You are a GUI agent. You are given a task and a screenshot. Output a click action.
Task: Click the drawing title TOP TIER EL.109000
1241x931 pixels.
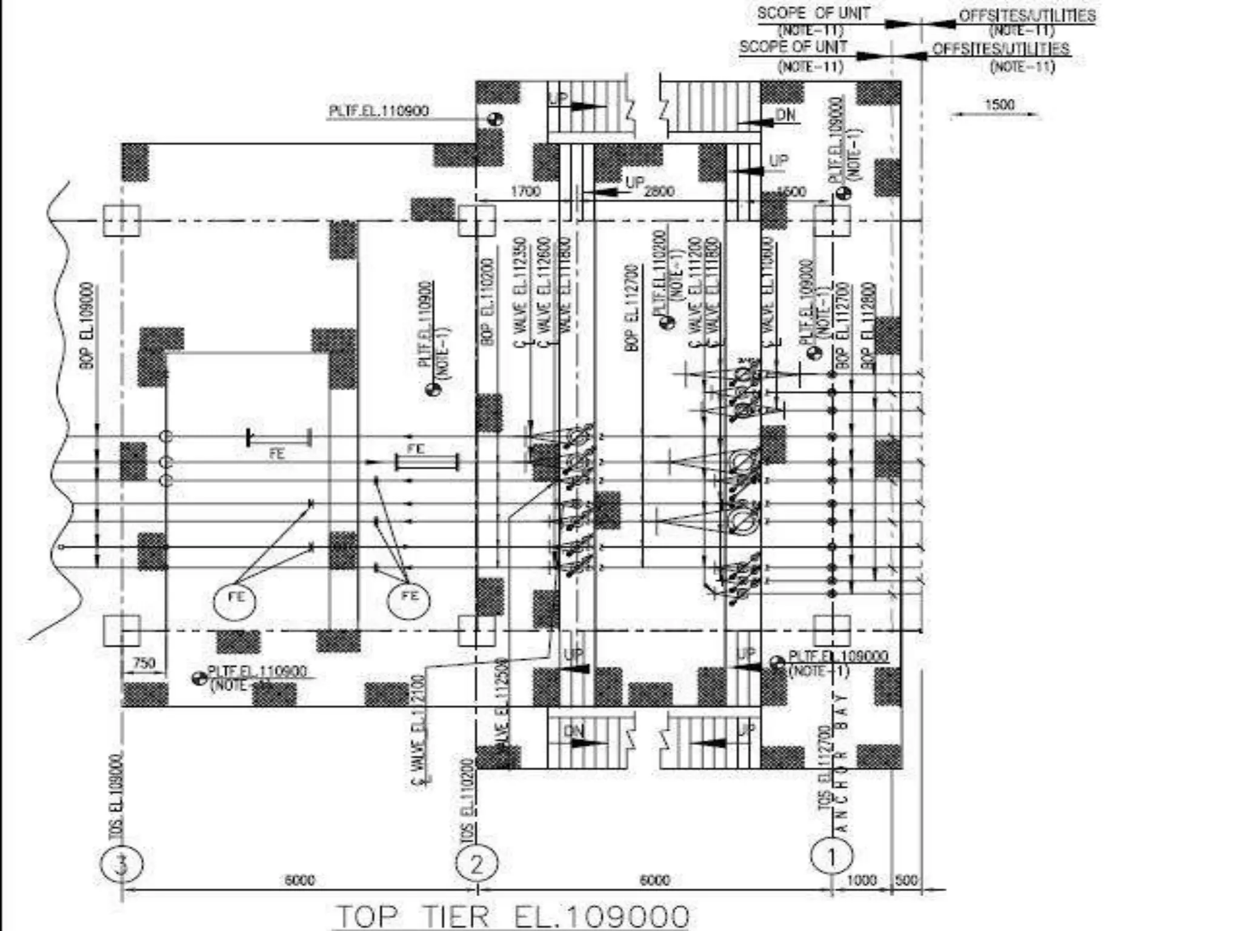coord(513,916)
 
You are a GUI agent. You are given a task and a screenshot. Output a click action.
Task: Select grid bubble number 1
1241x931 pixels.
coord(831,856)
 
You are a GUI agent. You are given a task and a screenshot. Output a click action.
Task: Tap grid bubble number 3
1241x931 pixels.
coord(122,864)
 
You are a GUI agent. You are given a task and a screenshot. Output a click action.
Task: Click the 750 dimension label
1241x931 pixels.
coord(144,663)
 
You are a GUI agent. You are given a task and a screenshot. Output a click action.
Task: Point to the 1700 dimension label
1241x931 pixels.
coord(525,192)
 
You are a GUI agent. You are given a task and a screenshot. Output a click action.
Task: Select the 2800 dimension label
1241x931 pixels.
coord(659,192)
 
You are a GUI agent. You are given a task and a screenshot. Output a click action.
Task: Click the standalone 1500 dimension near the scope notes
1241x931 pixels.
coord(999,104)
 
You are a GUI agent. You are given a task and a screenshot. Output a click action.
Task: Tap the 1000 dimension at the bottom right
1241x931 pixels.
coord(861,880)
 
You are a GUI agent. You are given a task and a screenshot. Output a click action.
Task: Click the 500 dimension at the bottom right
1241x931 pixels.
coord(907,880)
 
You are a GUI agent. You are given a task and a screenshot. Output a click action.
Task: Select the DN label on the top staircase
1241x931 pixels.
coord(785,115)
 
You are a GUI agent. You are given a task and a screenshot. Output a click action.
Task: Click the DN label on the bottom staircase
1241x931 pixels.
coord(573,732)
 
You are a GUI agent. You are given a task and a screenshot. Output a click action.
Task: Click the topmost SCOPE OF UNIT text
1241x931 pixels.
coord(814,13)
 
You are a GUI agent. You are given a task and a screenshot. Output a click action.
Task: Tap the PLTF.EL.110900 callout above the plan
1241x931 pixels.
coord(379,111)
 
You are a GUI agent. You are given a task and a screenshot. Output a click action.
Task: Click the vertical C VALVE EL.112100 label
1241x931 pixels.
coord(419,730)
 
